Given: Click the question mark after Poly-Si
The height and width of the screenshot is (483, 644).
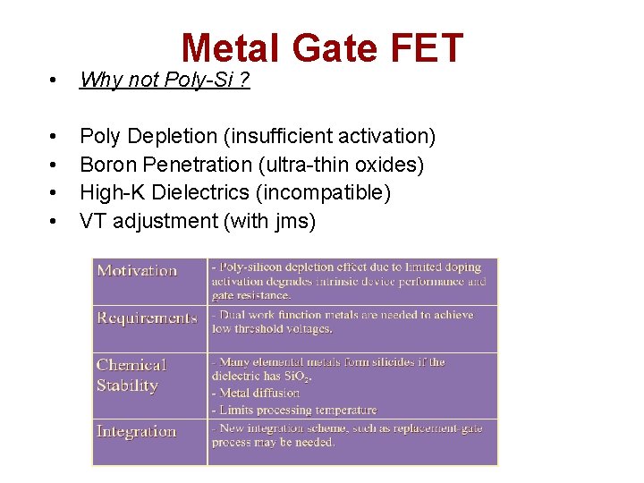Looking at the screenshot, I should pyautogui.click(x=244, y=80).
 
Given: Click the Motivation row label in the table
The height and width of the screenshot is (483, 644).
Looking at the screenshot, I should pyautogui.click(x=137, y=270).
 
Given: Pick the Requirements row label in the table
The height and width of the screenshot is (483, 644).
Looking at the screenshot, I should pyautogui.click(x=147, y=318).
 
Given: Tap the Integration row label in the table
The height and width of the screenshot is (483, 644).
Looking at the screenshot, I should pyautogui.click(x=136, y=431).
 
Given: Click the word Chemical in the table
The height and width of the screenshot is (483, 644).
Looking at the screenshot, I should pyautogui.click(x=131, y=365).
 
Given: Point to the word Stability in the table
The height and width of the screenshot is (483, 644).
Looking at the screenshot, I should pyautogui.click(x=127, y=386).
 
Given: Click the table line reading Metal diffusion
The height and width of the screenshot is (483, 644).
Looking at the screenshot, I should pyautogui.click(x=258, y=393).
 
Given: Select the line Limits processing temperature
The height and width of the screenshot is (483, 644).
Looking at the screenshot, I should pyautogui.click(x=295, y=410).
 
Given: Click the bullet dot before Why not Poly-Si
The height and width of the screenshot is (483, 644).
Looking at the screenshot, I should pyautogui.click(x=55, y=80).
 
